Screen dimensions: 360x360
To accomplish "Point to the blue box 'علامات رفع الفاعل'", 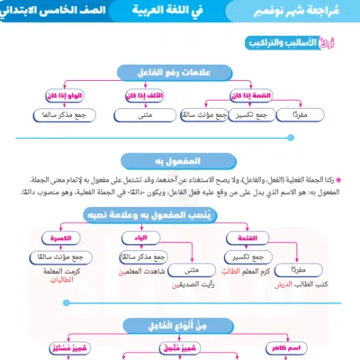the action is click(180, 72).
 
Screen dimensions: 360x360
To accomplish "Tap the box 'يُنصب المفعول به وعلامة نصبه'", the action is click(180, 217).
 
